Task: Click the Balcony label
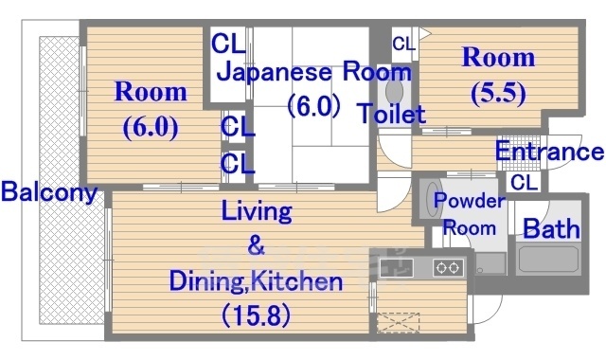point(49,193)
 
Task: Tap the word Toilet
point(391,115)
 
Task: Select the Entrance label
point(549,152)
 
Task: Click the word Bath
point(545,228)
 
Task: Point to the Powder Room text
point(469,214)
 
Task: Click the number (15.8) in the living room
point(256,312)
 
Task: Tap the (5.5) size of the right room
point(498,93)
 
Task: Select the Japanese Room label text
point(315,72)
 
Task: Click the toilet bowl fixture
point(394,93)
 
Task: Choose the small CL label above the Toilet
point(403,44)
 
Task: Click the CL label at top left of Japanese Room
point(228,44)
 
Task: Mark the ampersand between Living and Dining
point(255,248)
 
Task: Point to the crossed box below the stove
point(399,322)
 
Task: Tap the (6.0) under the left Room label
point(151,126)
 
